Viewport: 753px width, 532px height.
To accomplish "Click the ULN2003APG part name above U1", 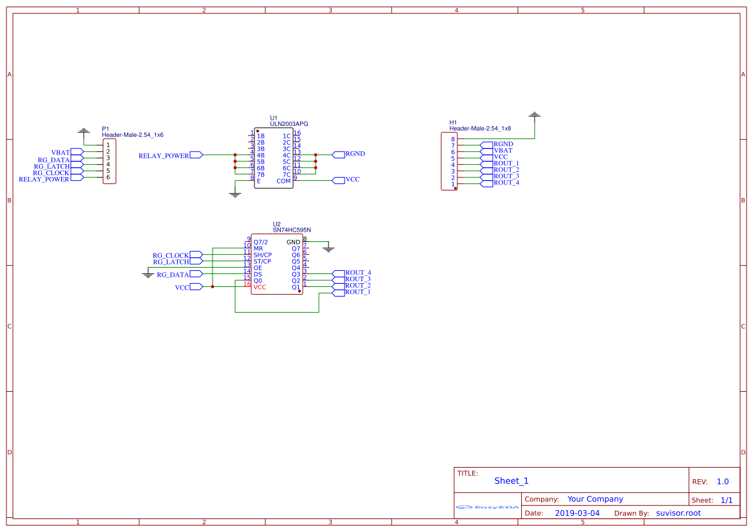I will tap(289, 124).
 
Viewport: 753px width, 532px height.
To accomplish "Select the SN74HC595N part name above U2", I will tap(292, 230).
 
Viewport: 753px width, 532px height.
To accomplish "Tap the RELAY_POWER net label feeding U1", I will tap(164, 155).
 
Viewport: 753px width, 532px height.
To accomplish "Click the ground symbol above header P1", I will tap(83, 131).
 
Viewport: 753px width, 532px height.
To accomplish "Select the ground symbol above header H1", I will tap(534, 115).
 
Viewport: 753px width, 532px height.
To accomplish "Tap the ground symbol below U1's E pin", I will tap(235, 194).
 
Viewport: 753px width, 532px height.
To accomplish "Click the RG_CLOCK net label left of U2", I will tap(171, 255).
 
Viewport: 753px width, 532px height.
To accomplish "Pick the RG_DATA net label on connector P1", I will tap(53, 160).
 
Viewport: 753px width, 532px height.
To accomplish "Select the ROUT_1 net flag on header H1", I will tap(506, 163).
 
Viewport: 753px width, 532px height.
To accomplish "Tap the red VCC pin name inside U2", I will tap(260, 287).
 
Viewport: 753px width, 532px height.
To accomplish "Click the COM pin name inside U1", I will tap(283, 181).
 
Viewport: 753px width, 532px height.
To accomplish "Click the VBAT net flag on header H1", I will tap(502, 151).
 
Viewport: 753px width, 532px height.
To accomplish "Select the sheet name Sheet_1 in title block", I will tap(511, 481).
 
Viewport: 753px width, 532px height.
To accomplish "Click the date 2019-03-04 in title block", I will tap(577, 513).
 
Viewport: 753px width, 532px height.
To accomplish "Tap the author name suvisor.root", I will tap(678, 513).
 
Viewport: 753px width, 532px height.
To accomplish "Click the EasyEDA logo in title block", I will tap(488, 507).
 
